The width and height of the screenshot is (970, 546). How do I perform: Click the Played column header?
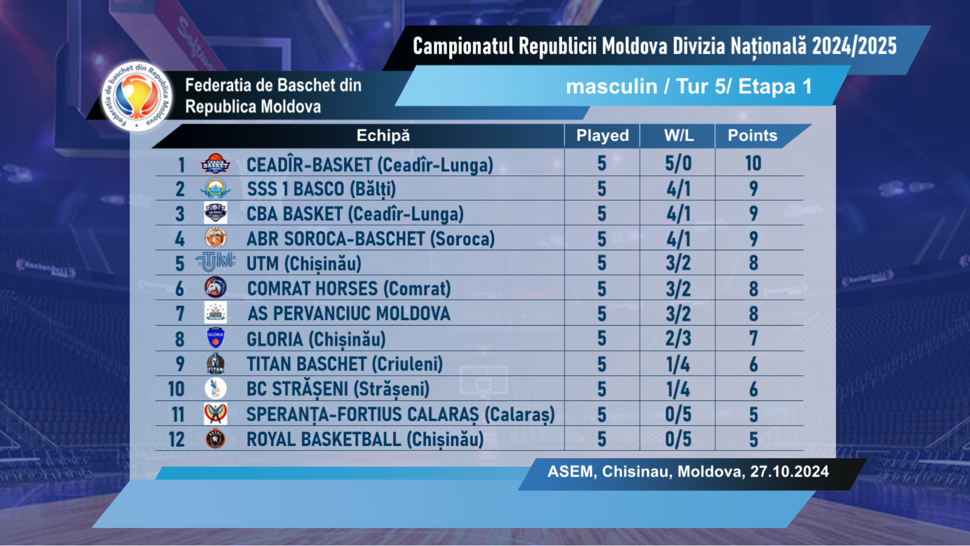[x=602, y=135]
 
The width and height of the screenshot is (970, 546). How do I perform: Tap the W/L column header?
[x=678, y=135]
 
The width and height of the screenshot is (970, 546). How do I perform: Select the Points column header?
[x=752, y=135]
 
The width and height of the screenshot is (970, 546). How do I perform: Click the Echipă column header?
[x=383, y=135]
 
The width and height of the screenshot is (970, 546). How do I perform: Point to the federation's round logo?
[x=136, y=96]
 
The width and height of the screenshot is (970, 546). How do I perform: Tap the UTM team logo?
[x=216, y=262]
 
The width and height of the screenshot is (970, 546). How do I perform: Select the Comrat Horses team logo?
[x=216, y=288]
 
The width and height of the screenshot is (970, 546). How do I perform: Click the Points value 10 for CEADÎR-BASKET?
[x=753, y=164]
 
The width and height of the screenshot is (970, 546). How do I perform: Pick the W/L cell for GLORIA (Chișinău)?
[x=678, y=339]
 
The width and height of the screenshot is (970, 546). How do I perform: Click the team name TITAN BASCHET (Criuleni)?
[x=345, y=364]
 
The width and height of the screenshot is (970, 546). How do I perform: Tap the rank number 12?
[x=177, y=439]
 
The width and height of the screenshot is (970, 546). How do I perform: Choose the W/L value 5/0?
[x=678, y=164]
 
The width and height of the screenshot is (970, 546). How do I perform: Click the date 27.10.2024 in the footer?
[x=789, y=472]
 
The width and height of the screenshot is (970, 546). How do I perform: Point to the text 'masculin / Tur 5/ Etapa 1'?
[x=689, y=86]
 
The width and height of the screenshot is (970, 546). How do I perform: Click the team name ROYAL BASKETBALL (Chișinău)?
[x=365, y=439]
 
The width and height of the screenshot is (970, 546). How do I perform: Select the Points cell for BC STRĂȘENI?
[x=753, y=389]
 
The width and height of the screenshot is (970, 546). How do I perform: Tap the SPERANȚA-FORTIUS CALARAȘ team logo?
[x=216, y=414]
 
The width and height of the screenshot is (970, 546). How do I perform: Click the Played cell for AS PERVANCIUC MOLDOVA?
[x=602, y=313]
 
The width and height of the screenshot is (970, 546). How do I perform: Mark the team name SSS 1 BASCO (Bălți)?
[x=321, y=189]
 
